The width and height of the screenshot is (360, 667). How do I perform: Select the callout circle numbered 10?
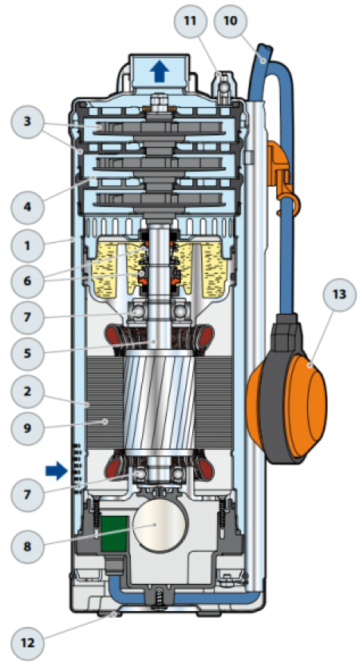click(x=230, y=20)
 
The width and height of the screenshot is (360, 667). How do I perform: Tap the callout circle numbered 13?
click(x=339, y=294)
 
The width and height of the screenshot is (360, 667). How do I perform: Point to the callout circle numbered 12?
click(x=27, y=642)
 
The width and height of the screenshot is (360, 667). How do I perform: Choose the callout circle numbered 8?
click(x=27, y=546)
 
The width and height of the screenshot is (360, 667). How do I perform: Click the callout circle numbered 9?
click(x=27, y=427)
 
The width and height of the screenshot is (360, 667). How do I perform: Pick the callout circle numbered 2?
click(x=27, y=391)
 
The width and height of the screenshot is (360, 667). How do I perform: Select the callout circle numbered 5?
click(x=27, y=353)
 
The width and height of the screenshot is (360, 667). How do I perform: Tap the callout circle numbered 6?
click(x=27, y=281)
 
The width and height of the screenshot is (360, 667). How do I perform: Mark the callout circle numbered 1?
click(x=27, y=245)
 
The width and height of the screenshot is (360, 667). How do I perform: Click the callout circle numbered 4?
click(x=27, y=207)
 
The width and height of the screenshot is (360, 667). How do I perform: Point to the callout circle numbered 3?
click(x=27, y=121)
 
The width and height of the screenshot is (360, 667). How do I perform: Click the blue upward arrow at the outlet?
click(x=160, y=71)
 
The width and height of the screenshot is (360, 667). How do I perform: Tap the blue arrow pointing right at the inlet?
click(x=56, y=471)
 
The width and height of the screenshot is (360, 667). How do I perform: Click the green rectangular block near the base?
click(x=114, y=534)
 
